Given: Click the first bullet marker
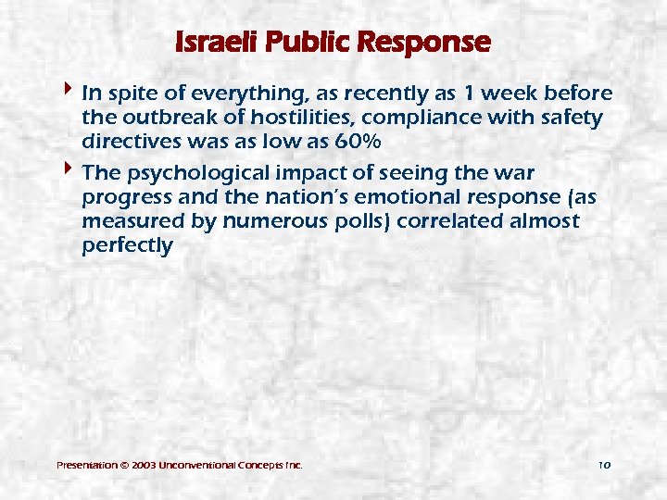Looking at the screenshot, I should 70,92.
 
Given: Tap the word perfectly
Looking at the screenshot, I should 127,246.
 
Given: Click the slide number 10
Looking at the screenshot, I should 605,464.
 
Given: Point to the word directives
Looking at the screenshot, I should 128,143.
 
